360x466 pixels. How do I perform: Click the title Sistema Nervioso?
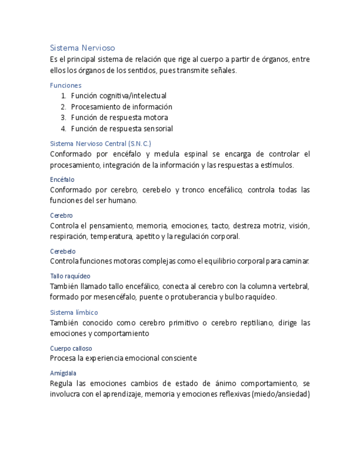coord(82,48)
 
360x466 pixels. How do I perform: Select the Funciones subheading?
coord(65,85)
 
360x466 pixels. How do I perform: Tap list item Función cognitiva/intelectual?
coord(119,96)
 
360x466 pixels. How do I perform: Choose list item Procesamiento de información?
coord(121,107)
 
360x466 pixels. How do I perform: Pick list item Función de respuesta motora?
coord(119,118)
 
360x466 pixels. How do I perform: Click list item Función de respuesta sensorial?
coord(122,129)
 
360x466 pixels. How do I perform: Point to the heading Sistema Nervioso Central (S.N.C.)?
coord(100,143)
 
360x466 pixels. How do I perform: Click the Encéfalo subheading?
coord(62,180)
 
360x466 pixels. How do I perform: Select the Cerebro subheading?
coord(61,215)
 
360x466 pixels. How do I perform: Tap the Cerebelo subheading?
coord(63,251)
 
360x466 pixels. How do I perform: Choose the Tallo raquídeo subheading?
coord(70,276)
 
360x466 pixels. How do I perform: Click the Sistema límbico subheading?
coord(74,312)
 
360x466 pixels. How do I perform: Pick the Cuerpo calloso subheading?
coord(71,348)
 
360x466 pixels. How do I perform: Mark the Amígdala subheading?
coord(63,373)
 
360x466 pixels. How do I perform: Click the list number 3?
coord(64,118)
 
